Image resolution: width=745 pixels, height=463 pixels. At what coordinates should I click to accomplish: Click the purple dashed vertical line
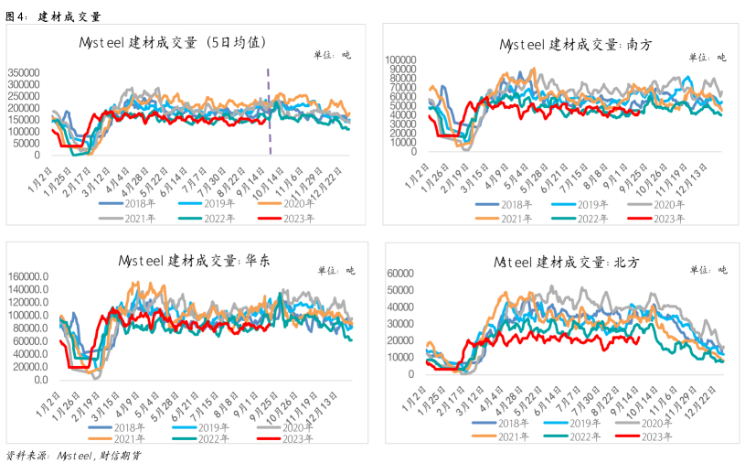point(269,112)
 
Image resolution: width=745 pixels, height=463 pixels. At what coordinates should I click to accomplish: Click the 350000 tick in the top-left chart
point(24,72)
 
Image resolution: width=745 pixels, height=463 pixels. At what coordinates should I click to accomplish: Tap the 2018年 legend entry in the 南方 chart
point(504,205)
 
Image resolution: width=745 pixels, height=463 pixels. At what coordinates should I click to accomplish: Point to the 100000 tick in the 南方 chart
point(400,59)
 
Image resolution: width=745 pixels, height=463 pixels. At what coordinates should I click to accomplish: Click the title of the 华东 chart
point(194,261)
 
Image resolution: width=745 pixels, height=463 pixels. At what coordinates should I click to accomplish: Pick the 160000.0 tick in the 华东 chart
point(28,276)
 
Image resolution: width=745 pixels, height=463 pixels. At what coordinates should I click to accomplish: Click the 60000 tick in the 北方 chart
point(400,274)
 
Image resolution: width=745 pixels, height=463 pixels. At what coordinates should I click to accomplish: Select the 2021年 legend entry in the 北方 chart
point(500,436)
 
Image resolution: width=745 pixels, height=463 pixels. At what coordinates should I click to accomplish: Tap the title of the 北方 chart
point(567,262)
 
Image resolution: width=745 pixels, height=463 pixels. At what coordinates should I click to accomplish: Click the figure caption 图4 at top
point(53,16)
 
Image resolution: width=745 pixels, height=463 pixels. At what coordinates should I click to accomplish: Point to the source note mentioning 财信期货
point(73,456)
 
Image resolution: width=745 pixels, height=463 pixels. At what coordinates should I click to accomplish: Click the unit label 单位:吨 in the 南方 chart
point(708,58)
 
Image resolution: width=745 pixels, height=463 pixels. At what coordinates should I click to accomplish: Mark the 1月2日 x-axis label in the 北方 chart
point(414,398)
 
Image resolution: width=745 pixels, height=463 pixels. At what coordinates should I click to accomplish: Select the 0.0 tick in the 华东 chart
point(41,380)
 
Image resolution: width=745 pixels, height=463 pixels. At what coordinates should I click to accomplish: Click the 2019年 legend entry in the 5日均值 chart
point(207,204)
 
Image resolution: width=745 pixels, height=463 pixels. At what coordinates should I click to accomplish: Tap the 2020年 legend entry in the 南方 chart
point(656,205)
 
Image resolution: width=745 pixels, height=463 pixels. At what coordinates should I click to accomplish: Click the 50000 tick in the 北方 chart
point(400,290)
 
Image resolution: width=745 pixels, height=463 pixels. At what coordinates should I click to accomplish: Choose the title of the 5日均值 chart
point(172,43)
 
